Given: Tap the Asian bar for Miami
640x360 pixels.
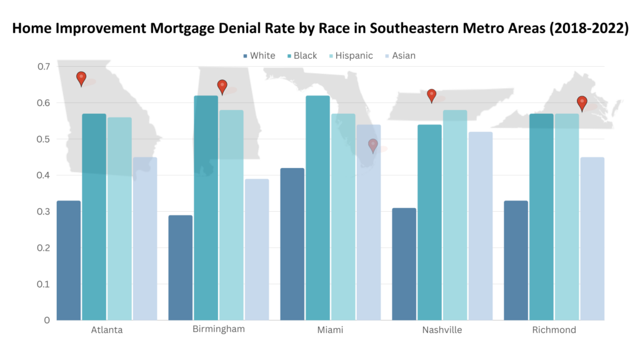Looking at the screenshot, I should click(368, 222).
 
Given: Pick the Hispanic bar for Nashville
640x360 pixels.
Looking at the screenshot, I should click(454, 215).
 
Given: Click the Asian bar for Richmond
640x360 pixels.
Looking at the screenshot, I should click(592, 238).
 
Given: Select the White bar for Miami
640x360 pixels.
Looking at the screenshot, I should click(292, 244).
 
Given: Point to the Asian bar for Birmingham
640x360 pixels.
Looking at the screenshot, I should click(256, 249).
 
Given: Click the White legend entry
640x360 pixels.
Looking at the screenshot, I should click(259, 56).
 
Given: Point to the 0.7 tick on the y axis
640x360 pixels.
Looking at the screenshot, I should click(43, 66).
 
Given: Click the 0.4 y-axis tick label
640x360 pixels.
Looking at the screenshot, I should click(43, 175).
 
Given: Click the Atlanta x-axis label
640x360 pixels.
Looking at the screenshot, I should click(106, 330).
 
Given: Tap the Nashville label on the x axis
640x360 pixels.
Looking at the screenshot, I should click(442, 330).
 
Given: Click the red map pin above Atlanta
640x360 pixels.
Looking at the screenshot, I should click(81, 77).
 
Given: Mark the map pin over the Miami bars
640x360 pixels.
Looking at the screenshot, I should click(373, 145).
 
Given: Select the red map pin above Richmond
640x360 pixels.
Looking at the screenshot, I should click(582, 102).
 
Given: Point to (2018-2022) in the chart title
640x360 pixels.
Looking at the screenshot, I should click(584, 29).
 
